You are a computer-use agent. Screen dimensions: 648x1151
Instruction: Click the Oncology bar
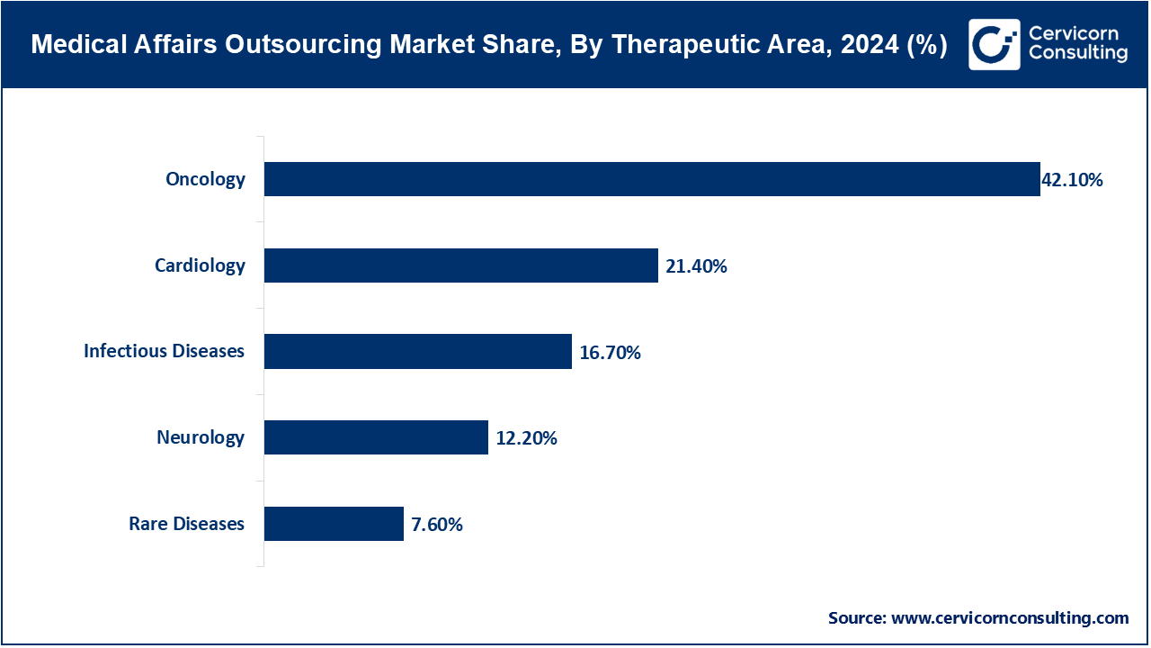(x=652, y=179)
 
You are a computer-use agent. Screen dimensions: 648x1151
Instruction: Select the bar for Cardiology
(x=460, y=265)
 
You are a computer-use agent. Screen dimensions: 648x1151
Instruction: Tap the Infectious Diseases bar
(x=418, y=351)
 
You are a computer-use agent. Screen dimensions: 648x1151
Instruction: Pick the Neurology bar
(x=376, y=437)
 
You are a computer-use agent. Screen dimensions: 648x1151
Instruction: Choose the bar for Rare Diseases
(x=334, y=524)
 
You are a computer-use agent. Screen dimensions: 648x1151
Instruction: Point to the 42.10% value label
(x=1072, y=180)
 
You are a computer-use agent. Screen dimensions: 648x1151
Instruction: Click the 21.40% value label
(x=696, y=266)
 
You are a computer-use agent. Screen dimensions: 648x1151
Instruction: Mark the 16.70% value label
(x=610, y=353)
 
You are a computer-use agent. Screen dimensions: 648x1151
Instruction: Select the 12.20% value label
(x=526, y=439)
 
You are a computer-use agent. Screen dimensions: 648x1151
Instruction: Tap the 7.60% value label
(x=437, y=525)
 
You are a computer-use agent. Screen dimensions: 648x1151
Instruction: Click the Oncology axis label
(x=205, y=179)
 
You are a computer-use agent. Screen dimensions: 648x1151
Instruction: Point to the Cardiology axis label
(x=200, y=265)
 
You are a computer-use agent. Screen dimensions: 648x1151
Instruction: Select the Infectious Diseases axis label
(x=164, y=351)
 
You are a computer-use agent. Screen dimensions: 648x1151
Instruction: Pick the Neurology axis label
(x=201, y=437)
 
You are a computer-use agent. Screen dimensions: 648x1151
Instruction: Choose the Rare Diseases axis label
(x=186, y=524)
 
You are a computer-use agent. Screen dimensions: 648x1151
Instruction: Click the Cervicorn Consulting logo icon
(x=995, y=44)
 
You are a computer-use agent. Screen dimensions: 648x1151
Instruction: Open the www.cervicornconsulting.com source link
(x=1009, y=618)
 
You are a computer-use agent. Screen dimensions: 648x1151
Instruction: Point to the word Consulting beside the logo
(x=1077, y=54)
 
